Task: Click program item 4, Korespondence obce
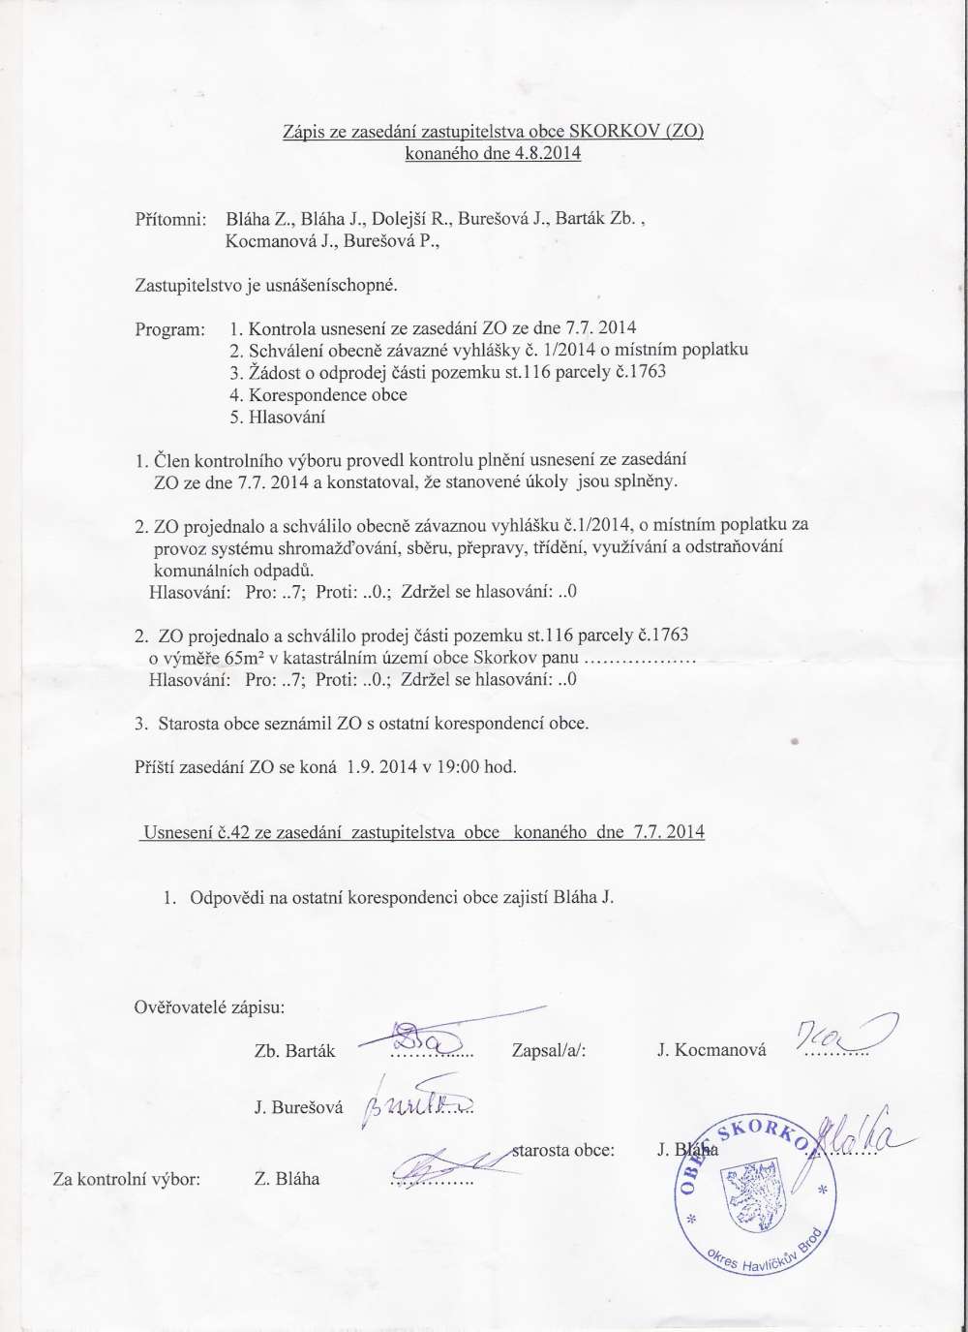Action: tap(318, 395)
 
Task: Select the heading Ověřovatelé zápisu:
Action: tap(208, 1007)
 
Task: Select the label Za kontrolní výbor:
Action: tap(126, 1179)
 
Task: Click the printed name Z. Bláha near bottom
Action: tap(287, 1179)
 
